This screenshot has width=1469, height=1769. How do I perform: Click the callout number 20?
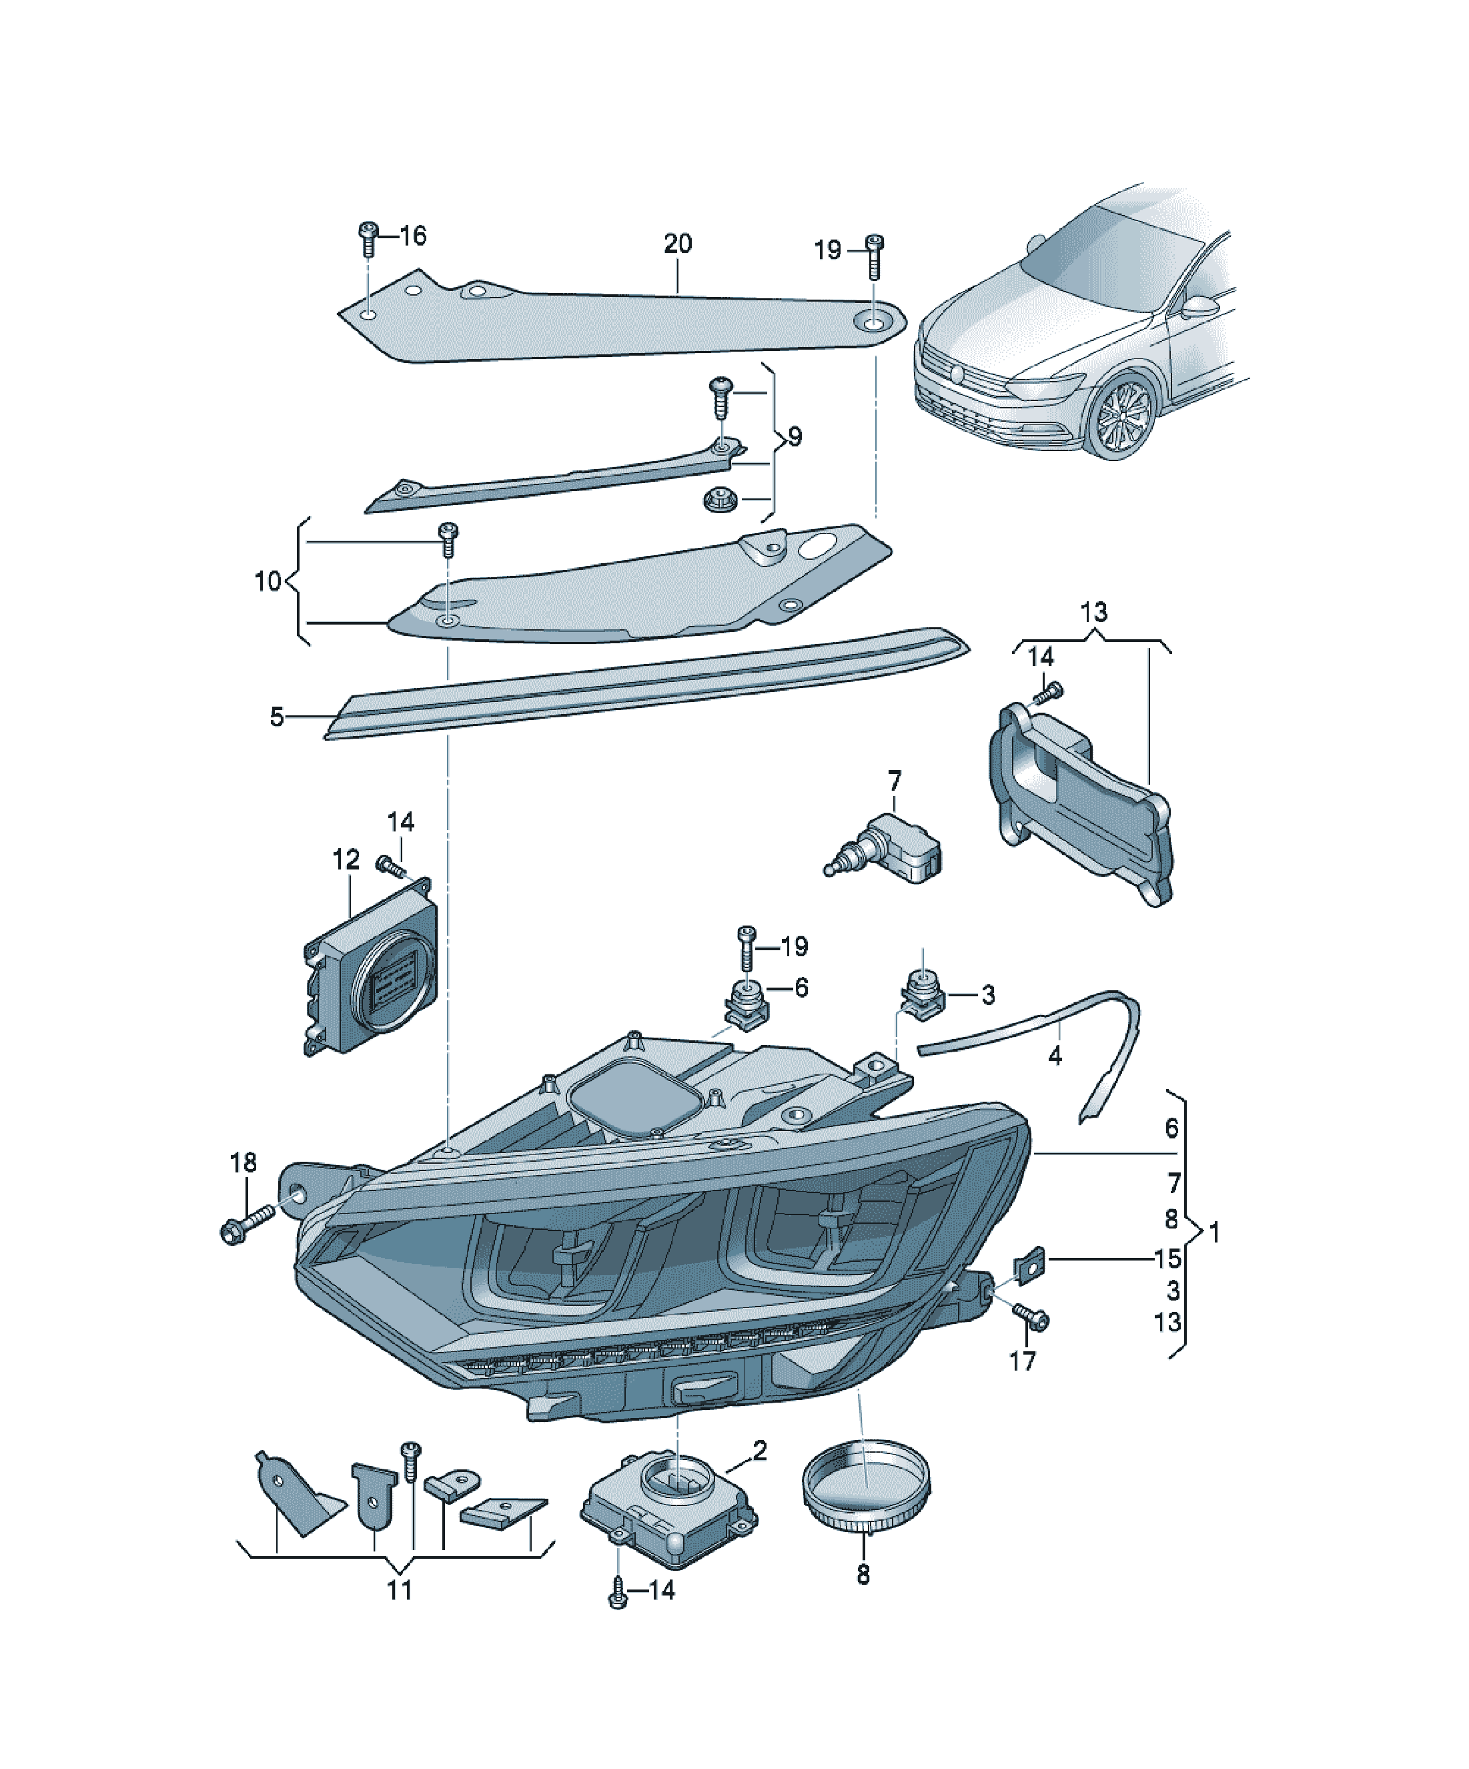point(677,244)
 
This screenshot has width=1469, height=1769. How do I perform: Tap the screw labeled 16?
point(367,240)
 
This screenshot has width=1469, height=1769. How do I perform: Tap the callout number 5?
point(276,717)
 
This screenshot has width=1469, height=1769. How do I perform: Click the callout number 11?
point(399,1589)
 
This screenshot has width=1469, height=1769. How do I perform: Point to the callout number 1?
point(1213,1232)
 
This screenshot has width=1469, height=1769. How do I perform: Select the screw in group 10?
point(449,539)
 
